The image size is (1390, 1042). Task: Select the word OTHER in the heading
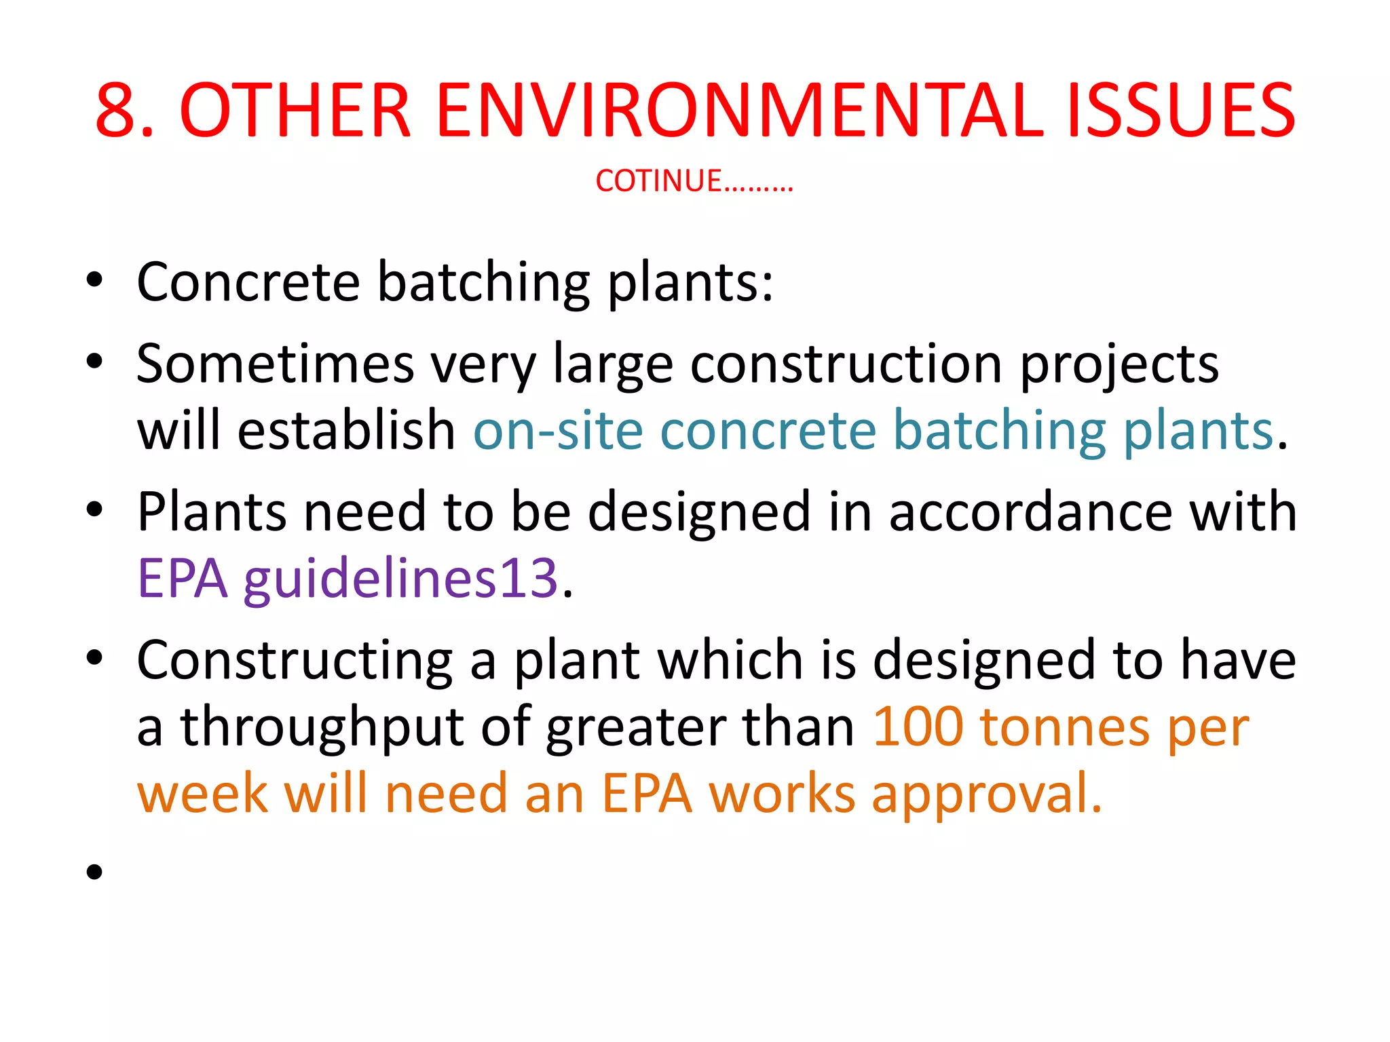pos(296,110)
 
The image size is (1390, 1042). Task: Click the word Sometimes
pos(275,364)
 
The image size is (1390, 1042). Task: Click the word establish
pos(346,431)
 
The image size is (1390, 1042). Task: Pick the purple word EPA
pos(182,578)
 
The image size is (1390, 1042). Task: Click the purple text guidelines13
pos(400,579)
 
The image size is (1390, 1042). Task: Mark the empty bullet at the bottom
pos(94,872)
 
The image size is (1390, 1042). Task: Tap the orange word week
pos(202,794)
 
